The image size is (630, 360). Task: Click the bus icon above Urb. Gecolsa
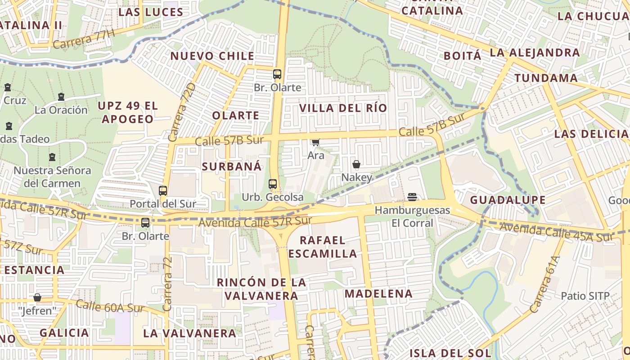(272, 184)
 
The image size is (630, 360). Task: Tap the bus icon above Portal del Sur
(163, 190)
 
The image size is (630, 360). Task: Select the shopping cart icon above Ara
(315, 142)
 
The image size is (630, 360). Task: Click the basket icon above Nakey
(356, 164)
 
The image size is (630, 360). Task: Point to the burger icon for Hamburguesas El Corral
(412, 197)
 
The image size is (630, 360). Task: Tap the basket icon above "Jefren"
(37, 297)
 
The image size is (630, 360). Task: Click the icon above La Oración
(61, 97)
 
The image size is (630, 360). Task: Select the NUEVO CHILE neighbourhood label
(212, 56)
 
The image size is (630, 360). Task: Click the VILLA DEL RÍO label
(343, 108)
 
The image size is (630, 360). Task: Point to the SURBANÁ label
(231, 166)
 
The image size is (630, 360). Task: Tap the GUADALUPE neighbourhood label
(508, 200)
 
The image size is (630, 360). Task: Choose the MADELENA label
(378, 294)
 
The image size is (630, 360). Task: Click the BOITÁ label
(462, 56)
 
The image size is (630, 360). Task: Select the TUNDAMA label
(546, 78)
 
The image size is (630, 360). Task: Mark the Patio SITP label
(585, 296)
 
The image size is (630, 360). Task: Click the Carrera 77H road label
(84, 39)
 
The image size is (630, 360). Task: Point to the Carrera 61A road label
(544, 284)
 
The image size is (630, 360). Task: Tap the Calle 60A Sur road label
(110, 306)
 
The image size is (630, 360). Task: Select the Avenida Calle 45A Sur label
(557, 231)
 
